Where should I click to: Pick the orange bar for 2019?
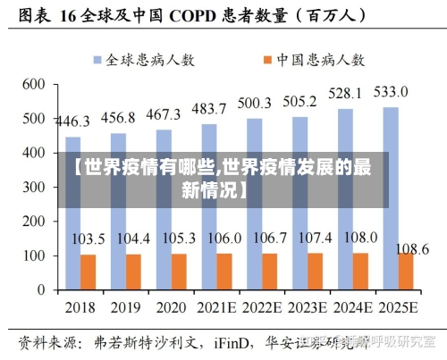133,272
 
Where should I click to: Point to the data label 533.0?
390,92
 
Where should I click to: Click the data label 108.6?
412,247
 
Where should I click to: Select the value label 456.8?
118,118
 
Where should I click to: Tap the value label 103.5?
89,239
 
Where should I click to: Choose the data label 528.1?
345,94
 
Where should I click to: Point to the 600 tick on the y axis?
33,84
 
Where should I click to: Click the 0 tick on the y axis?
40,289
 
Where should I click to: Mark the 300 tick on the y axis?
33,187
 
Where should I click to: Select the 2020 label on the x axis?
171,307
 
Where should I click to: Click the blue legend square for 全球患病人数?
96,59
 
